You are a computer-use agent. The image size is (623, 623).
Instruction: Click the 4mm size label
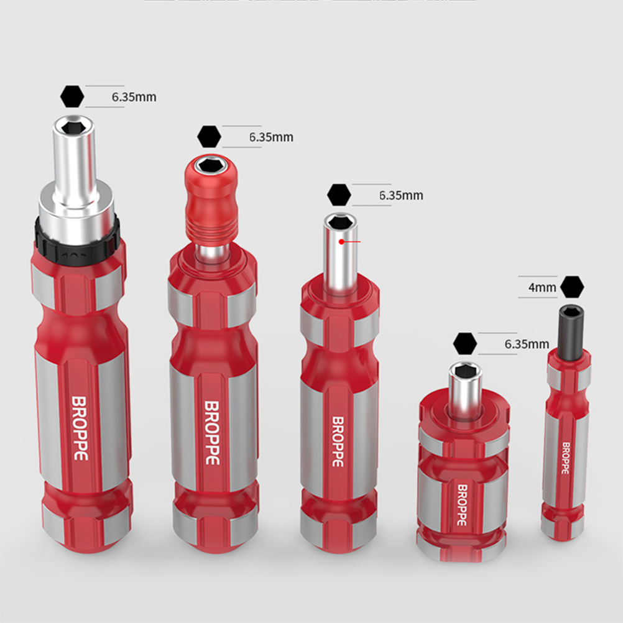tap(542, 287)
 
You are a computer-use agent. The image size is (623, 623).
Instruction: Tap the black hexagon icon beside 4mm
tap(572, 287)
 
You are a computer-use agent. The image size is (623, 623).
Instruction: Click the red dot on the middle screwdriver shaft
tap(341, 242)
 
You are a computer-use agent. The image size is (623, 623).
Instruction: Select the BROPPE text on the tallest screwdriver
tap(80, 428)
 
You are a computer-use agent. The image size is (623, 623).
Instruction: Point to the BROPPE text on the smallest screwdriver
tap(566, 458)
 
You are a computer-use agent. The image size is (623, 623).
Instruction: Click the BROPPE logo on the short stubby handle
tap(462, 505)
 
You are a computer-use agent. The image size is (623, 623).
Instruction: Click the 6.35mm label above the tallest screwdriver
tap(134, 97)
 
